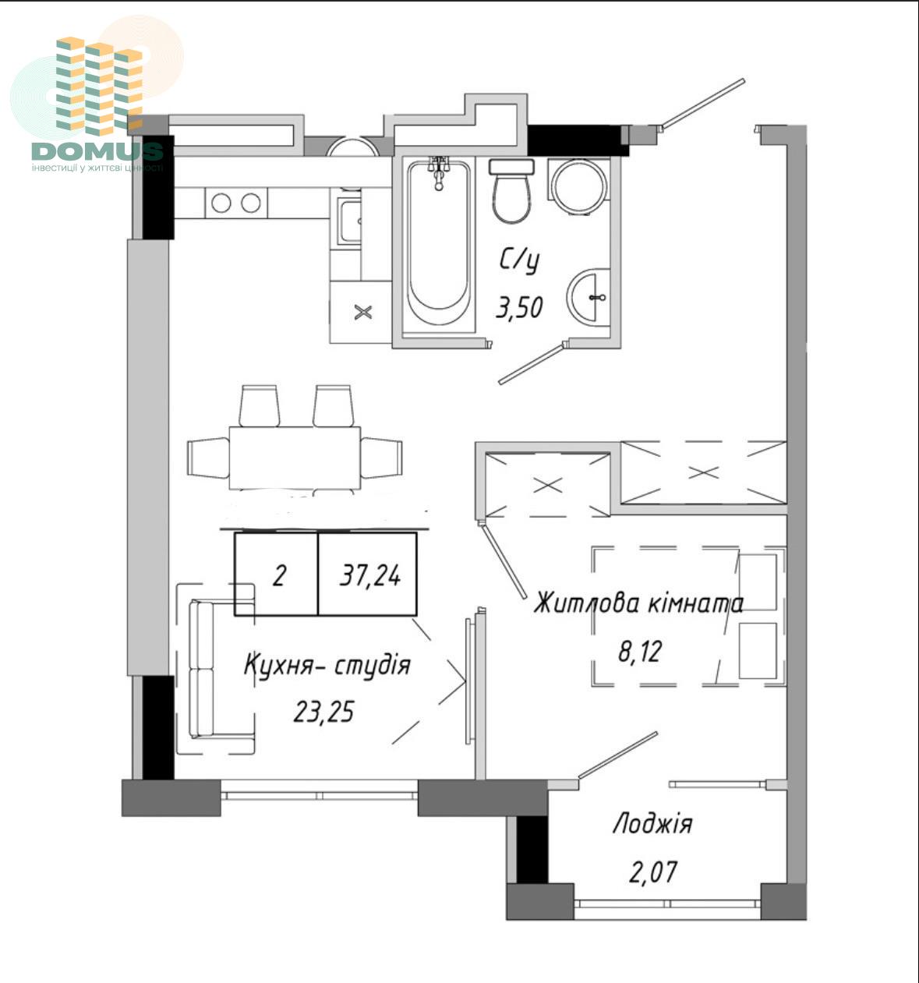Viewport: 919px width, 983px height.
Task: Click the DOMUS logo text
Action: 97,151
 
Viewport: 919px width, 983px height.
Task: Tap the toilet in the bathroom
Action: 511,190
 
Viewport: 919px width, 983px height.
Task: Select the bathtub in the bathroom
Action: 438,244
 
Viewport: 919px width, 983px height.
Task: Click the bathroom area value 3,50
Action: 519,307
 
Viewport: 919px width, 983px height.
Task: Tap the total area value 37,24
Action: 370,576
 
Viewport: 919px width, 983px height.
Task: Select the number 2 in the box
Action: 279,575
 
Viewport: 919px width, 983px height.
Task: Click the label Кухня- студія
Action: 327,665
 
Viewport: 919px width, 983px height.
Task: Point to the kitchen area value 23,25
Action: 323,712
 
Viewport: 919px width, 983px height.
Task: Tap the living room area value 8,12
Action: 639,651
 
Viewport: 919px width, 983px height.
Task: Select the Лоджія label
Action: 652,824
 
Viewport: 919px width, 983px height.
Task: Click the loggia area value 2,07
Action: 652,872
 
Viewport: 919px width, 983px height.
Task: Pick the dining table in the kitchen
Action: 295,458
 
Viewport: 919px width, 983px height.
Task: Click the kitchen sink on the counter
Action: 349,221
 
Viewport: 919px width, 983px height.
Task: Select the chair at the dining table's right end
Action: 381,458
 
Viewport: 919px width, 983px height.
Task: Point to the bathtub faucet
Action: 439,173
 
